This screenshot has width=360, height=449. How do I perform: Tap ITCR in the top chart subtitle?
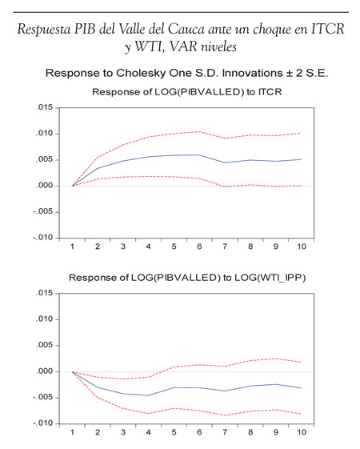[x=270, y=92]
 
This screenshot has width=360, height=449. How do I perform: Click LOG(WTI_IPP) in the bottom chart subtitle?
[x=270, y=278]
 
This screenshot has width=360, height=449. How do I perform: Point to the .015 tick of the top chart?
[x=45, y=107]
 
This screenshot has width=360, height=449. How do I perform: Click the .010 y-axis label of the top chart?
[x=45, y=134]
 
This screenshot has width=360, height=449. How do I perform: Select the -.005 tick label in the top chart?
[x=43, y=211]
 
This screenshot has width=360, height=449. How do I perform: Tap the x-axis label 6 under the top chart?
[x=199, y=247]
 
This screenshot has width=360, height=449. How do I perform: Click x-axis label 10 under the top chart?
[x=302, y=247]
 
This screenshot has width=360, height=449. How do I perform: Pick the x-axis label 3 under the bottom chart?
[x=123, y=432]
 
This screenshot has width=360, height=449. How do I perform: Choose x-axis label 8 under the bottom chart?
[x=250, y=432]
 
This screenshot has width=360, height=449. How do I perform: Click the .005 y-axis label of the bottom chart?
[x=45, y=345]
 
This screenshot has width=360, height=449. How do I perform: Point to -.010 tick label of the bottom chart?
[x=43, y=423]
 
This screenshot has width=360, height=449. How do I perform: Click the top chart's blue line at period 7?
[x=225, y=162]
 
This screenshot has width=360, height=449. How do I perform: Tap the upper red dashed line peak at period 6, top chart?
[x=199, y=131]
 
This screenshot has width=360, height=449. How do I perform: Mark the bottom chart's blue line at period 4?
[x=149, y=395]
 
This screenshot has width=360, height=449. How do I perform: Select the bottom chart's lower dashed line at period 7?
[x=225, y=415]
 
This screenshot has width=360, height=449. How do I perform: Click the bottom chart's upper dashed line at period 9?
[x=276, y=359]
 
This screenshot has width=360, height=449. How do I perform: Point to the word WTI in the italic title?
[x=149, y=47]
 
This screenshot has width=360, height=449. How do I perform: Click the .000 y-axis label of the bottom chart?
[x=45, y=371]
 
